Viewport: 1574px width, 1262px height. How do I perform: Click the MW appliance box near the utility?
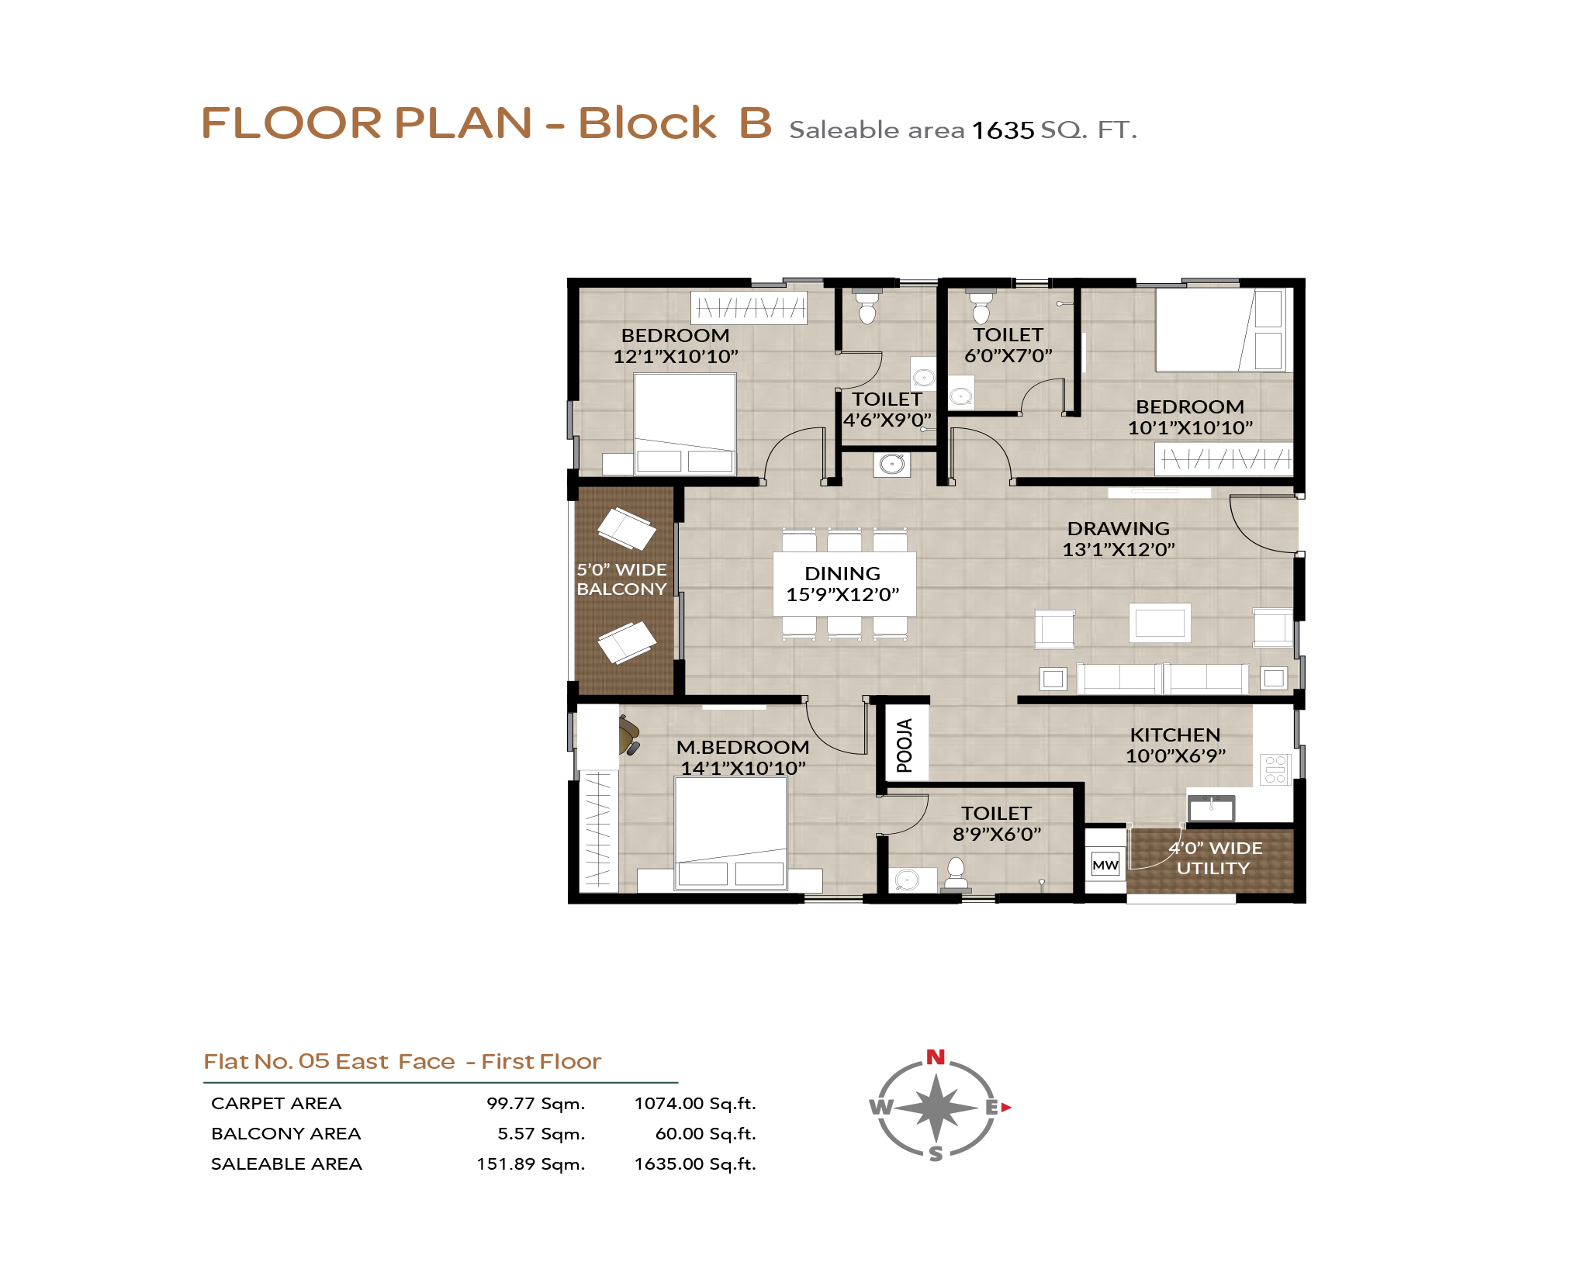tap(1105, 865)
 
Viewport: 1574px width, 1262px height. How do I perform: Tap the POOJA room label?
tap(905, 745)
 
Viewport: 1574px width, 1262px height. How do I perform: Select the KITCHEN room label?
tap(1174, 735)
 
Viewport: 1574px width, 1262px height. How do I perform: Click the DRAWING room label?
tap(1118, 528)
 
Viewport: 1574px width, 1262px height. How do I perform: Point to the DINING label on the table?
tap(842, 573)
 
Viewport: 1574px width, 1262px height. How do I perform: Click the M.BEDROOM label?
tap(742, 747)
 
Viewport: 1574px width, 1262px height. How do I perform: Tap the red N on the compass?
tap(936, 1056)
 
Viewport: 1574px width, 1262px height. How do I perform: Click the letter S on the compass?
tap(936, 1153)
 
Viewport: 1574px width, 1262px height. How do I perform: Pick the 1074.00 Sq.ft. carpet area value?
tap(695, 1103)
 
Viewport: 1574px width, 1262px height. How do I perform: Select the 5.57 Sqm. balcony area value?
tap(541, 1133)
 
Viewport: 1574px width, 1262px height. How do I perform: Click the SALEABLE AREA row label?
tap(286, 1163)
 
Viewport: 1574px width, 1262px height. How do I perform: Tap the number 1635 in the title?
tap(1003, 130)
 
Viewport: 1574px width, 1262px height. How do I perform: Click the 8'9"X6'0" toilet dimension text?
tap(997, 834)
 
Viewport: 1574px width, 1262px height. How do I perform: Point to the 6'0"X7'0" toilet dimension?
tap(1008, 355)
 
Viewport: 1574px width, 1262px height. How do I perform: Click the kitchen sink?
tap(1211, 808)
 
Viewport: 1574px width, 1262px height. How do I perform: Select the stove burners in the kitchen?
tap(1275, 769)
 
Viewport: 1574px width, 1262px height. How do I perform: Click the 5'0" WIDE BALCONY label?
tap(621, 579)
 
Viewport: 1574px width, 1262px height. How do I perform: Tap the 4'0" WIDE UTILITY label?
tap(1215, 858)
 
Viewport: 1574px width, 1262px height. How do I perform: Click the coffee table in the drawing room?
tap(1160, 622)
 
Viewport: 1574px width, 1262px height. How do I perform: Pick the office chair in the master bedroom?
tap(628, 735)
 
